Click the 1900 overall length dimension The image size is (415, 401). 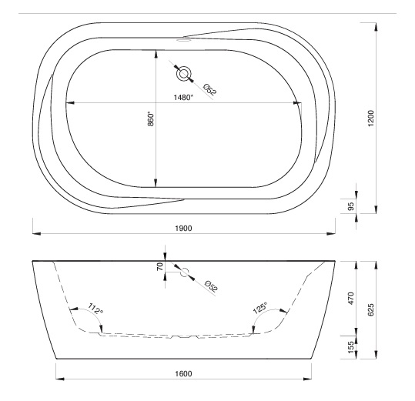pos(183,229)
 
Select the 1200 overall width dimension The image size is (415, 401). pos(371,118)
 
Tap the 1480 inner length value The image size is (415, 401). pos(183,98)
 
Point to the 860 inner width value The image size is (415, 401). pos(150,119)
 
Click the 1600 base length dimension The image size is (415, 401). pos(183,374)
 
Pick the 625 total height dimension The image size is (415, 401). pos(371,309)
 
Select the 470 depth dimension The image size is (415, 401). pos(350,299)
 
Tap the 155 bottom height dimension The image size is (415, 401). pos(350,347)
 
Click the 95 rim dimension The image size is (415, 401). pos(350,206)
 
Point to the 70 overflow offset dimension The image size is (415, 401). pos(160,267)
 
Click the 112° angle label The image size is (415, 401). pos(95,309)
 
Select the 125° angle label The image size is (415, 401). pos(260,308)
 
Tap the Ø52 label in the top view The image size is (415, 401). pos(210,89)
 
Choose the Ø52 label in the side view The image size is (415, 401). pos(212,286)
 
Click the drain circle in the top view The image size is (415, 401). pos(184,74)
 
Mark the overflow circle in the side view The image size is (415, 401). pos(185,272)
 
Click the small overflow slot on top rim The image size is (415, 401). pos(183,41)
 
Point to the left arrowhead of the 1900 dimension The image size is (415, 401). pos(36,233)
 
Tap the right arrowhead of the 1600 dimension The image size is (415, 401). pos(307,379)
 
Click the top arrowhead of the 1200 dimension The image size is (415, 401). pos(376,27)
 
